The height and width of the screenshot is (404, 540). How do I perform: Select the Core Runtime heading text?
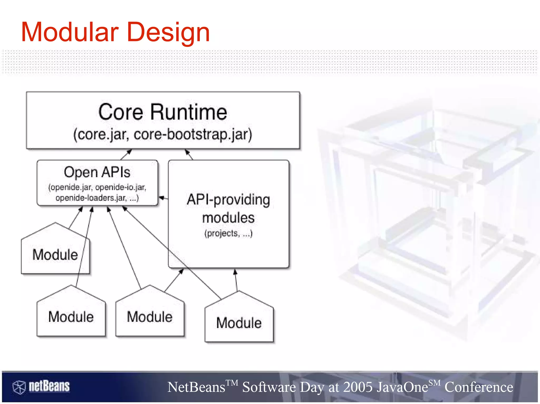click(162, 112)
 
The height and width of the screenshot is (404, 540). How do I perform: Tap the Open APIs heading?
click(97, 172)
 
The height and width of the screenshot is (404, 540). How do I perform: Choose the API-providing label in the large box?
click(228, 200)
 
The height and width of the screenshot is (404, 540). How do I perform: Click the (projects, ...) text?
click(228, 233)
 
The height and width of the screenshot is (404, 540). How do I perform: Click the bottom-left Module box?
click(71, 317)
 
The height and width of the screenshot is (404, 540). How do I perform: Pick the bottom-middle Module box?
click(150, 317)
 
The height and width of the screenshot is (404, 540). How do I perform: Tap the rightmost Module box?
click(239, 323)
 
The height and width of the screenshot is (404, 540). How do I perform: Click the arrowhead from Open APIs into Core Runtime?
click(129, 152)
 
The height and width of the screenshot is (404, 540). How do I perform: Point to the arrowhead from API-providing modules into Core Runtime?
click(187, 152)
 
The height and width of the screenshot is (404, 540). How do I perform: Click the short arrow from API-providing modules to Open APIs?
click(163, 198)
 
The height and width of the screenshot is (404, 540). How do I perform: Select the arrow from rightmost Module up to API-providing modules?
click(236, 280)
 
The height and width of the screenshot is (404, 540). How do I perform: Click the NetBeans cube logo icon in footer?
click(19, 387)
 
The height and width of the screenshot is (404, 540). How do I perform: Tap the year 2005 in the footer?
click(358, 387)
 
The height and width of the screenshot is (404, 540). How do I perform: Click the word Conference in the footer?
click(479, 387)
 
